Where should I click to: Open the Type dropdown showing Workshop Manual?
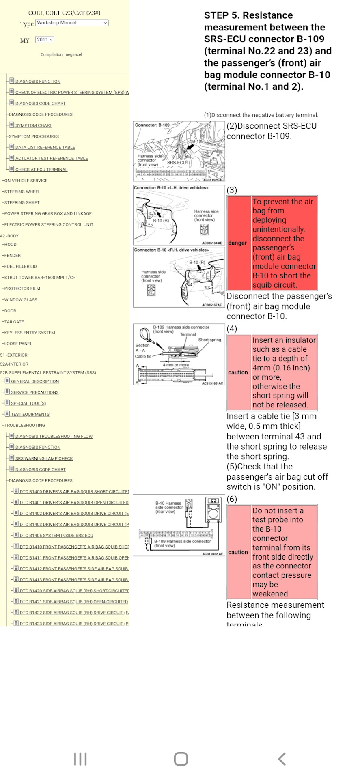tap(72, 23)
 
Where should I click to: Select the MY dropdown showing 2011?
tap(45, 40)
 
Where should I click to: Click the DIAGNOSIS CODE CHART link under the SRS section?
tap(40, 469)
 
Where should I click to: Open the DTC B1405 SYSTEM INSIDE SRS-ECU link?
tap(56, 536)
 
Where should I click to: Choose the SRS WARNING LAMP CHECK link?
tap(44, 458)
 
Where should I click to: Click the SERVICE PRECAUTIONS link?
tap(34, 392)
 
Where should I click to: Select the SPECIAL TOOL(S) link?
tap(28, 403)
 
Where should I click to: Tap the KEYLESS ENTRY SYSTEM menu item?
tap(30, 333)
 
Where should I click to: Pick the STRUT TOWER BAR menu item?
tap(39, 278)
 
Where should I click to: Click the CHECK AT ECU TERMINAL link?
tap(41, 170)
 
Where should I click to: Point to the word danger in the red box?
tap(237, 243)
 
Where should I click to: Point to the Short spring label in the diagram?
tap(209, 340)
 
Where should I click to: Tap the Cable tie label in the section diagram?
tap(143, 357)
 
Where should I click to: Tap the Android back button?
tap(282, 759)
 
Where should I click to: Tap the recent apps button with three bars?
tap(80, 759)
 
